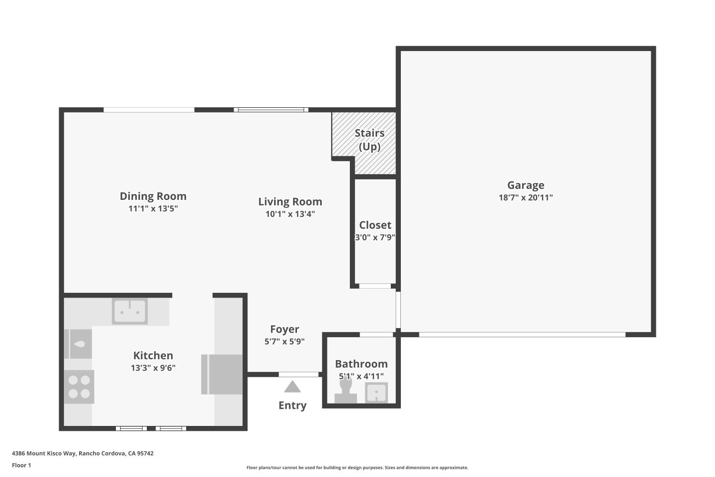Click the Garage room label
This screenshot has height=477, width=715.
[525, 185]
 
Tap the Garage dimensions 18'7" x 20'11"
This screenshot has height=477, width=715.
[525, 197]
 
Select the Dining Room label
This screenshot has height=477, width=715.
[153, 196]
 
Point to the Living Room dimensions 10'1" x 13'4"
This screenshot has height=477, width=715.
[290, 214]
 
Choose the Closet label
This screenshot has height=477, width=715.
[375, 225]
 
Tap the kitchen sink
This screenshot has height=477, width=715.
[130, 311]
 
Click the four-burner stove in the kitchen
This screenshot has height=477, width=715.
[79, 387]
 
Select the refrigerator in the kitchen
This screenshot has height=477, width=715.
[222, 374]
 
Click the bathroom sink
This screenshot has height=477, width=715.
[376, 393]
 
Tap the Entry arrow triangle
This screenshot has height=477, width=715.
[292, 386]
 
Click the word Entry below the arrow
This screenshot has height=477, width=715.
[292, 405]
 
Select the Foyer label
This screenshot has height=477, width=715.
[285, 329]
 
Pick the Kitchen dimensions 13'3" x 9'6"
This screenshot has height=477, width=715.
[153, 368]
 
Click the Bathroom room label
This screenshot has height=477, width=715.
[361, 364]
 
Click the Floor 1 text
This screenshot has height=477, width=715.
[21, 465]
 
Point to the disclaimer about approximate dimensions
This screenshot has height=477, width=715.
[357, 467]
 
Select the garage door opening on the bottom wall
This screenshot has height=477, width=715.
[522, 335]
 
